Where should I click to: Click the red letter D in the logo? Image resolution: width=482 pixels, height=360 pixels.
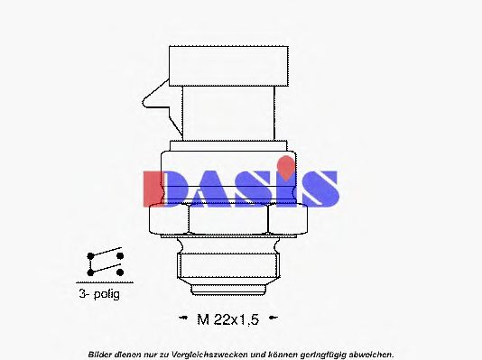click(x=162, y=188)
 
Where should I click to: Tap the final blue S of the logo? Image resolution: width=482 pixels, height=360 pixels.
click(x=320, y=188)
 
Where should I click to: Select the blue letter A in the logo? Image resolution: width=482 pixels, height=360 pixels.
click(x=207, y=188)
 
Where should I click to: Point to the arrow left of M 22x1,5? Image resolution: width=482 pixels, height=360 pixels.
click(x=177, y=318)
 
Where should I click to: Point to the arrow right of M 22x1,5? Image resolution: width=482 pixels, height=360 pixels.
click(x=273, y=318)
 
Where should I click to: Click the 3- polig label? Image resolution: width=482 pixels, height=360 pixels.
click(x=97, y=294)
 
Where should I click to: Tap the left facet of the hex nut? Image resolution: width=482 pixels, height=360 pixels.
click(x=169, y=219)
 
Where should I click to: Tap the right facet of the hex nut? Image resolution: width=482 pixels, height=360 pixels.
click(x=289, y=219)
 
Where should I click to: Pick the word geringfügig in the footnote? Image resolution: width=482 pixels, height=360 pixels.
click(x=317, y=353)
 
